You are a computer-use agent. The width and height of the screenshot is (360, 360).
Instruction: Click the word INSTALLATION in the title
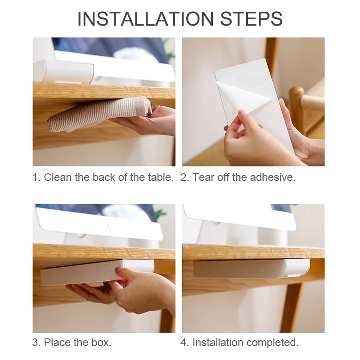[x=145, y=18]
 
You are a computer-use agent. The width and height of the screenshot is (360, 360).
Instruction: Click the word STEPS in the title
[x=251, y=18]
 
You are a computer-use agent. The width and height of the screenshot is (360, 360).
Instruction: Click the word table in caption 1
[x=161, y=177]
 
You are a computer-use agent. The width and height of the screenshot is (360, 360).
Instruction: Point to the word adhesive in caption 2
[x=273, y=177]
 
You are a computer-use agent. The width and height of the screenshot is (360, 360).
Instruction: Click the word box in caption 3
[x=101, y=342]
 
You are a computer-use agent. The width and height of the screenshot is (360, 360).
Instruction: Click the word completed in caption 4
[x=273, y=343]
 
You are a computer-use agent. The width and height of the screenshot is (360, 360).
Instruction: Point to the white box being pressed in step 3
[x=96, y=272]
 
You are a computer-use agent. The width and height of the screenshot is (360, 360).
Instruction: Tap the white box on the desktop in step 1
[x=63, y=71]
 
